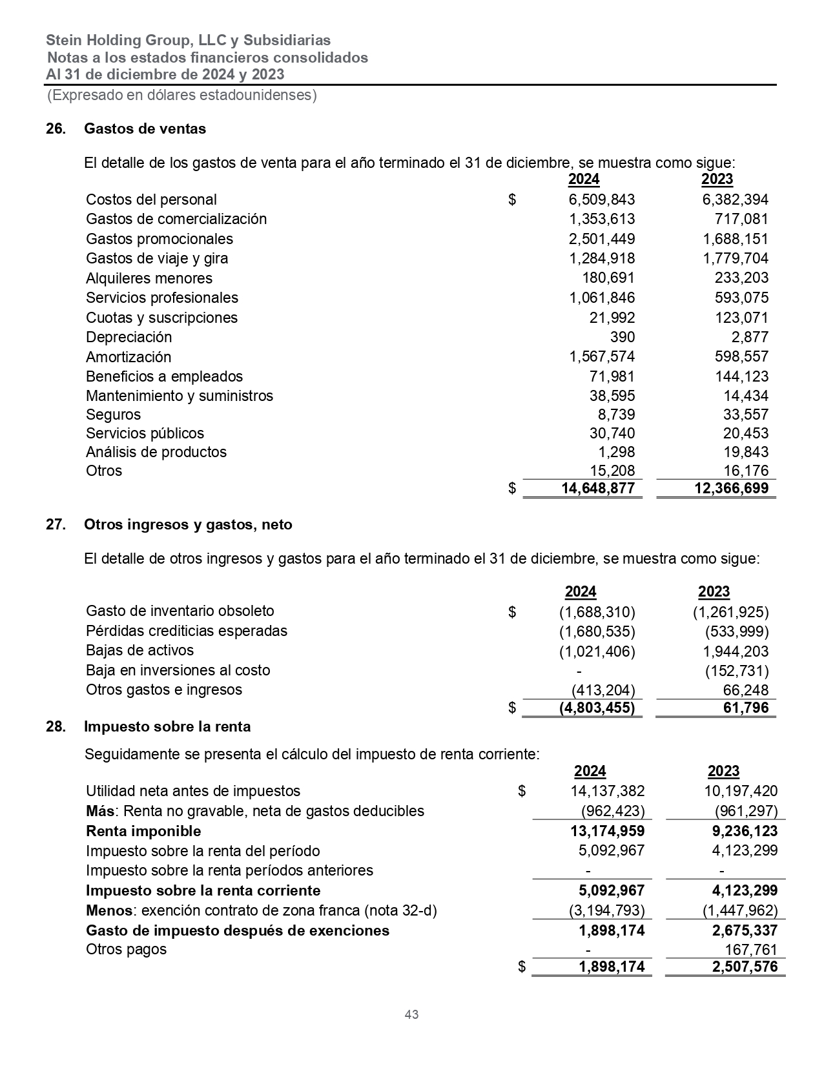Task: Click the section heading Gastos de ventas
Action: pos(145,128)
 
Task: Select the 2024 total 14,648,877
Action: pos(599,488)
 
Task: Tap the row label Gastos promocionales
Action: pos(160,239)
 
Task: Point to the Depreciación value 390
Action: pos(623,337)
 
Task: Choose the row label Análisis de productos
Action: pos(156,452)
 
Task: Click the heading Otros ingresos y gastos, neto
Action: pos(188,524)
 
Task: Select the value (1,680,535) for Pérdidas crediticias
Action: pos(597,631)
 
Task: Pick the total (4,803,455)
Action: pos(597,708)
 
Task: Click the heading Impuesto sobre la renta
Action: pos(167,726)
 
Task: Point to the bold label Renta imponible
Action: pos(143,831)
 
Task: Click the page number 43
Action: pos(411,1014)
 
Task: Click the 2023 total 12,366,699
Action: pos(731,488)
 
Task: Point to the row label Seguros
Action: pos(113,415)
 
